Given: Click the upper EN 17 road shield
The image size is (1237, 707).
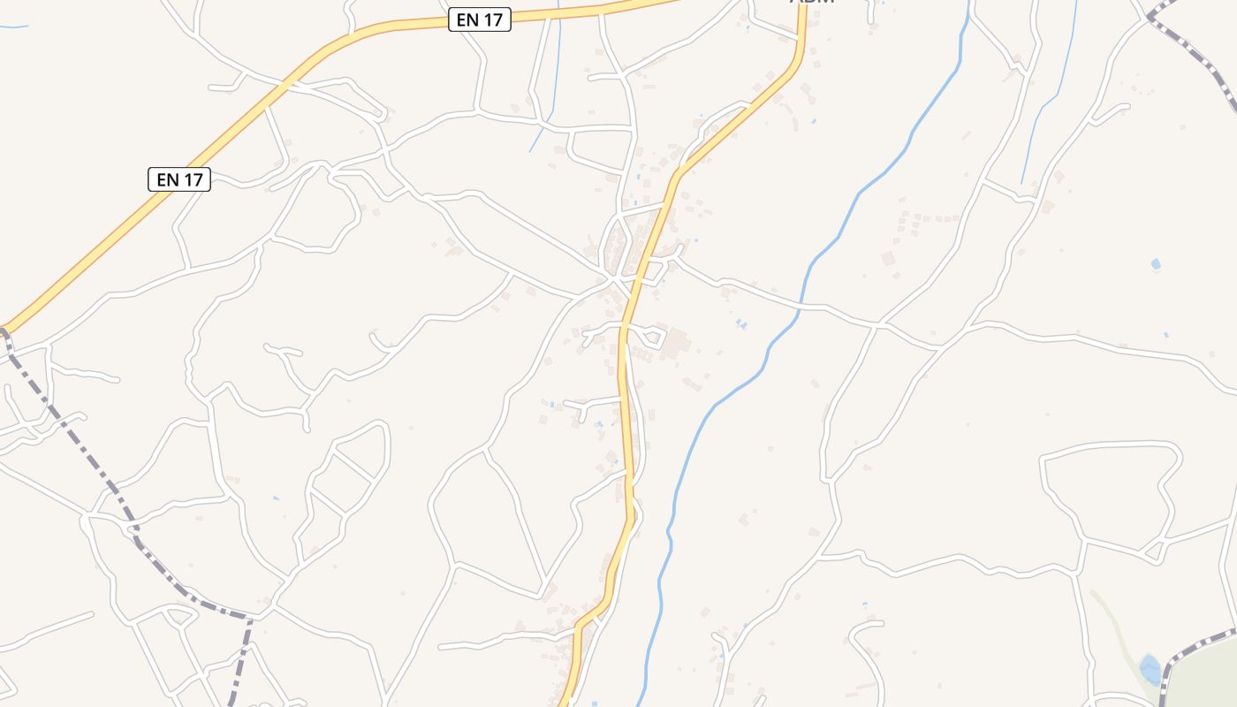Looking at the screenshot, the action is (480, 19).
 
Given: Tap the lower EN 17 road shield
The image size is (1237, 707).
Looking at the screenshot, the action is (179, 179).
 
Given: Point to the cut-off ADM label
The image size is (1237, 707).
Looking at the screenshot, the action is (812, 3).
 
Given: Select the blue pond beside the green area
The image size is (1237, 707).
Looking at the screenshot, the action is (1150, 670).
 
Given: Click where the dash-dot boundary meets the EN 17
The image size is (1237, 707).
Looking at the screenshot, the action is (4, 333).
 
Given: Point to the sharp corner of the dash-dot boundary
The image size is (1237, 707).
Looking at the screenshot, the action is (250, 616).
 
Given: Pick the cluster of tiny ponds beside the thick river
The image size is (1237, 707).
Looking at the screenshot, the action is (741, 324).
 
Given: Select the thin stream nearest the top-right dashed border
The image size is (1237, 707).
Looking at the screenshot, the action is (1051, 97).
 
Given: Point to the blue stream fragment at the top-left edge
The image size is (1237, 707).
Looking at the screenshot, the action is (13, 27).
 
